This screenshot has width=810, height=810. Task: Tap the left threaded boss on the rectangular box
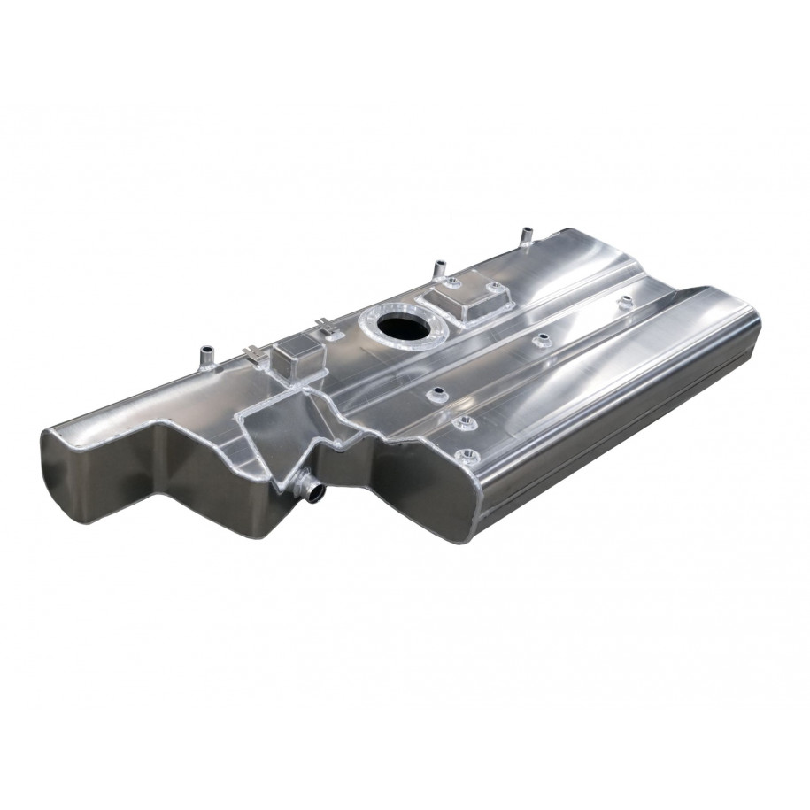point(449,284)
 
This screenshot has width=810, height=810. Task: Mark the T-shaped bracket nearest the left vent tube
point(258,354)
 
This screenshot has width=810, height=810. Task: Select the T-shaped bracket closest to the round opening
point(334,332)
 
